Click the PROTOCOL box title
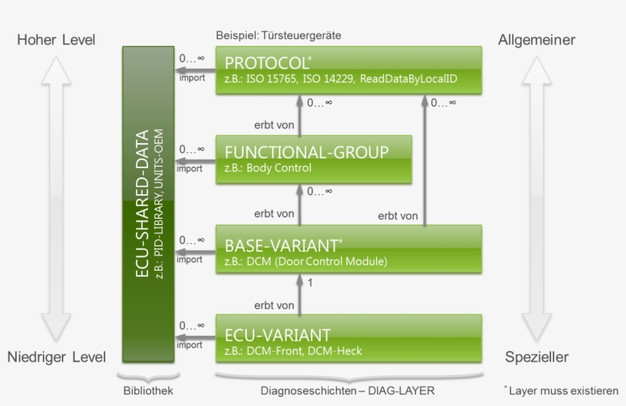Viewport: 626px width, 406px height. (x=267, y=61)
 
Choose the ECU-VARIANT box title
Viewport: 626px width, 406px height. (x=277, y=335)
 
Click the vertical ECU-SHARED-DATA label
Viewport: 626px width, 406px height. (x=143, y=205)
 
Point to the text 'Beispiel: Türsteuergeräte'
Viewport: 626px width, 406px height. (x=278, y=36)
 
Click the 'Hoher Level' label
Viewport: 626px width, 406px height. (x=56, y=40)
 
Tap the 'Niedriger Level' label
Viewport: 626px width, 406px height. (x=56, y=357)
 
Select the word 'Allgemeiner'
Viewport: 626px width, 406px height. (x=537, y=40)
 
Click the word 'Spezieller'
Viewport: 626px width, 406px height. (x=537, y=357)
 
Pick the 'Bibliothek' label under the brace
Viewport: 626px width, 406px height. (x=148, y=391)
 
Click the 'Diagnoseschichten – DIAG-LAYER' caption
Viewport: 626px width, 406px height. (x=347, y=391)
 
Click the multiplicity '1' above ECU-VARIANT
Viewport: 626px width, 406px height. (x=309, y=283)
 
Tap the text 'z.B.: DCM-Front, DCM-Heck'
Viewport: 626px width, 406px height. (x=292, y=351)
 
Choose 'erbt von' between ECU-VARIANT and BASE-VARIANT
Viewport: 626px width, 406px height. (x=273, y=305)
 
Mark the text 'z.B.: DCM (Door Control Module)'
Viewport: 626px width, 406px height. (x=305, y=261)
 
